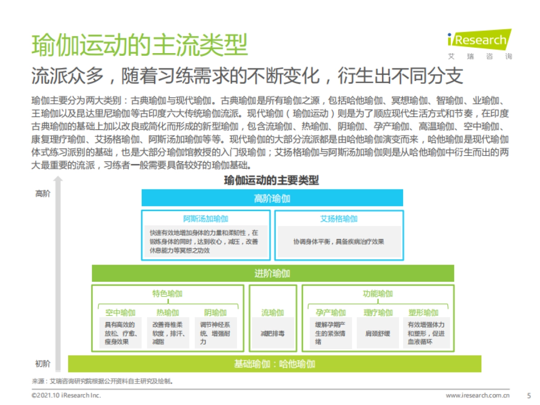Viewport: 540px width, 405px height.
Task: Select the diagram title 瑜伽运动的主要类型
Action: point(271,181)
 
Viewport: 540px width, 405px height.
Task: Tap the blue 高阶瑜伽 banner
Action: point(272,198)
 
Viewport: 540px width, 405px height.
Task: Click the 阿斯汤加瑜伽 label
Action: point(206,219)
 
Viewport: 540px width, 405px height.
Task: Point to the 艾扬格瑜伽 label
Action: point(339,219)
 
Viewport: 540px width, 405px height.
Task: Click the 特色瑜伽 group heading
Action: point(167,294)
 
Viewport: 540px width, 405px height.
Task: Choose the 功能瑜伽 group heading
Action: point(378,294)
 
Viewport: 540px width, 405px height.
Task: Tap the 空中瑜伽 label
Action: point(120,313)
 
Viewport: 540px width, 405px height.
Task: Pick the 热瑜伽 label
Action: point(167,313)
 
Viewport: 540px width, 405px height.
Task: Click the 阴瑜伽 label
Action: point(215,313)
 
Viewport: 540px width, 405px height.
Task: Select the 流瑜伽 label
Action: point(273,313)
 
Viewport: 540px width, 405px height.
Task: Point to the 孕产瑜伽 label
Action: point(331,313)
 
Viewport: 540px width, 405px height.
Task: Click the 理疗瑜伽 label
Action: point(378,313)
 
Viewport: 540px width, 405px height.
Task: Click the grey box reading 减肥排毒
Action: point(273,334)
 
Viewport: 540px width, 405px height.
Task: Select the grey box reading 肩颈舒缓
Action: point(378,334)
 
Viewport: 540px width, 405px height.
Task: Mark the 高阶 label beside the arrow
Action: point(43,194)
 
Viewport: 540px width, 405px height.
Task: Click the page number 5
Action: point(529,396)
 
